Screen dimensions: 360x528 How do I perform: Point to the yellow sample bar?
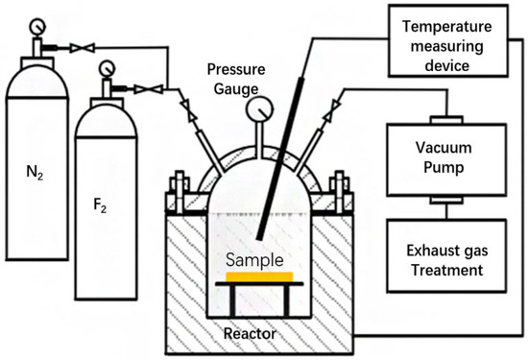coord(259,276)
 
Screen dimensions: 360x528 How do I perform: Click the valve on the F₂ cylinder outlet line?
coord(146,89)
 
